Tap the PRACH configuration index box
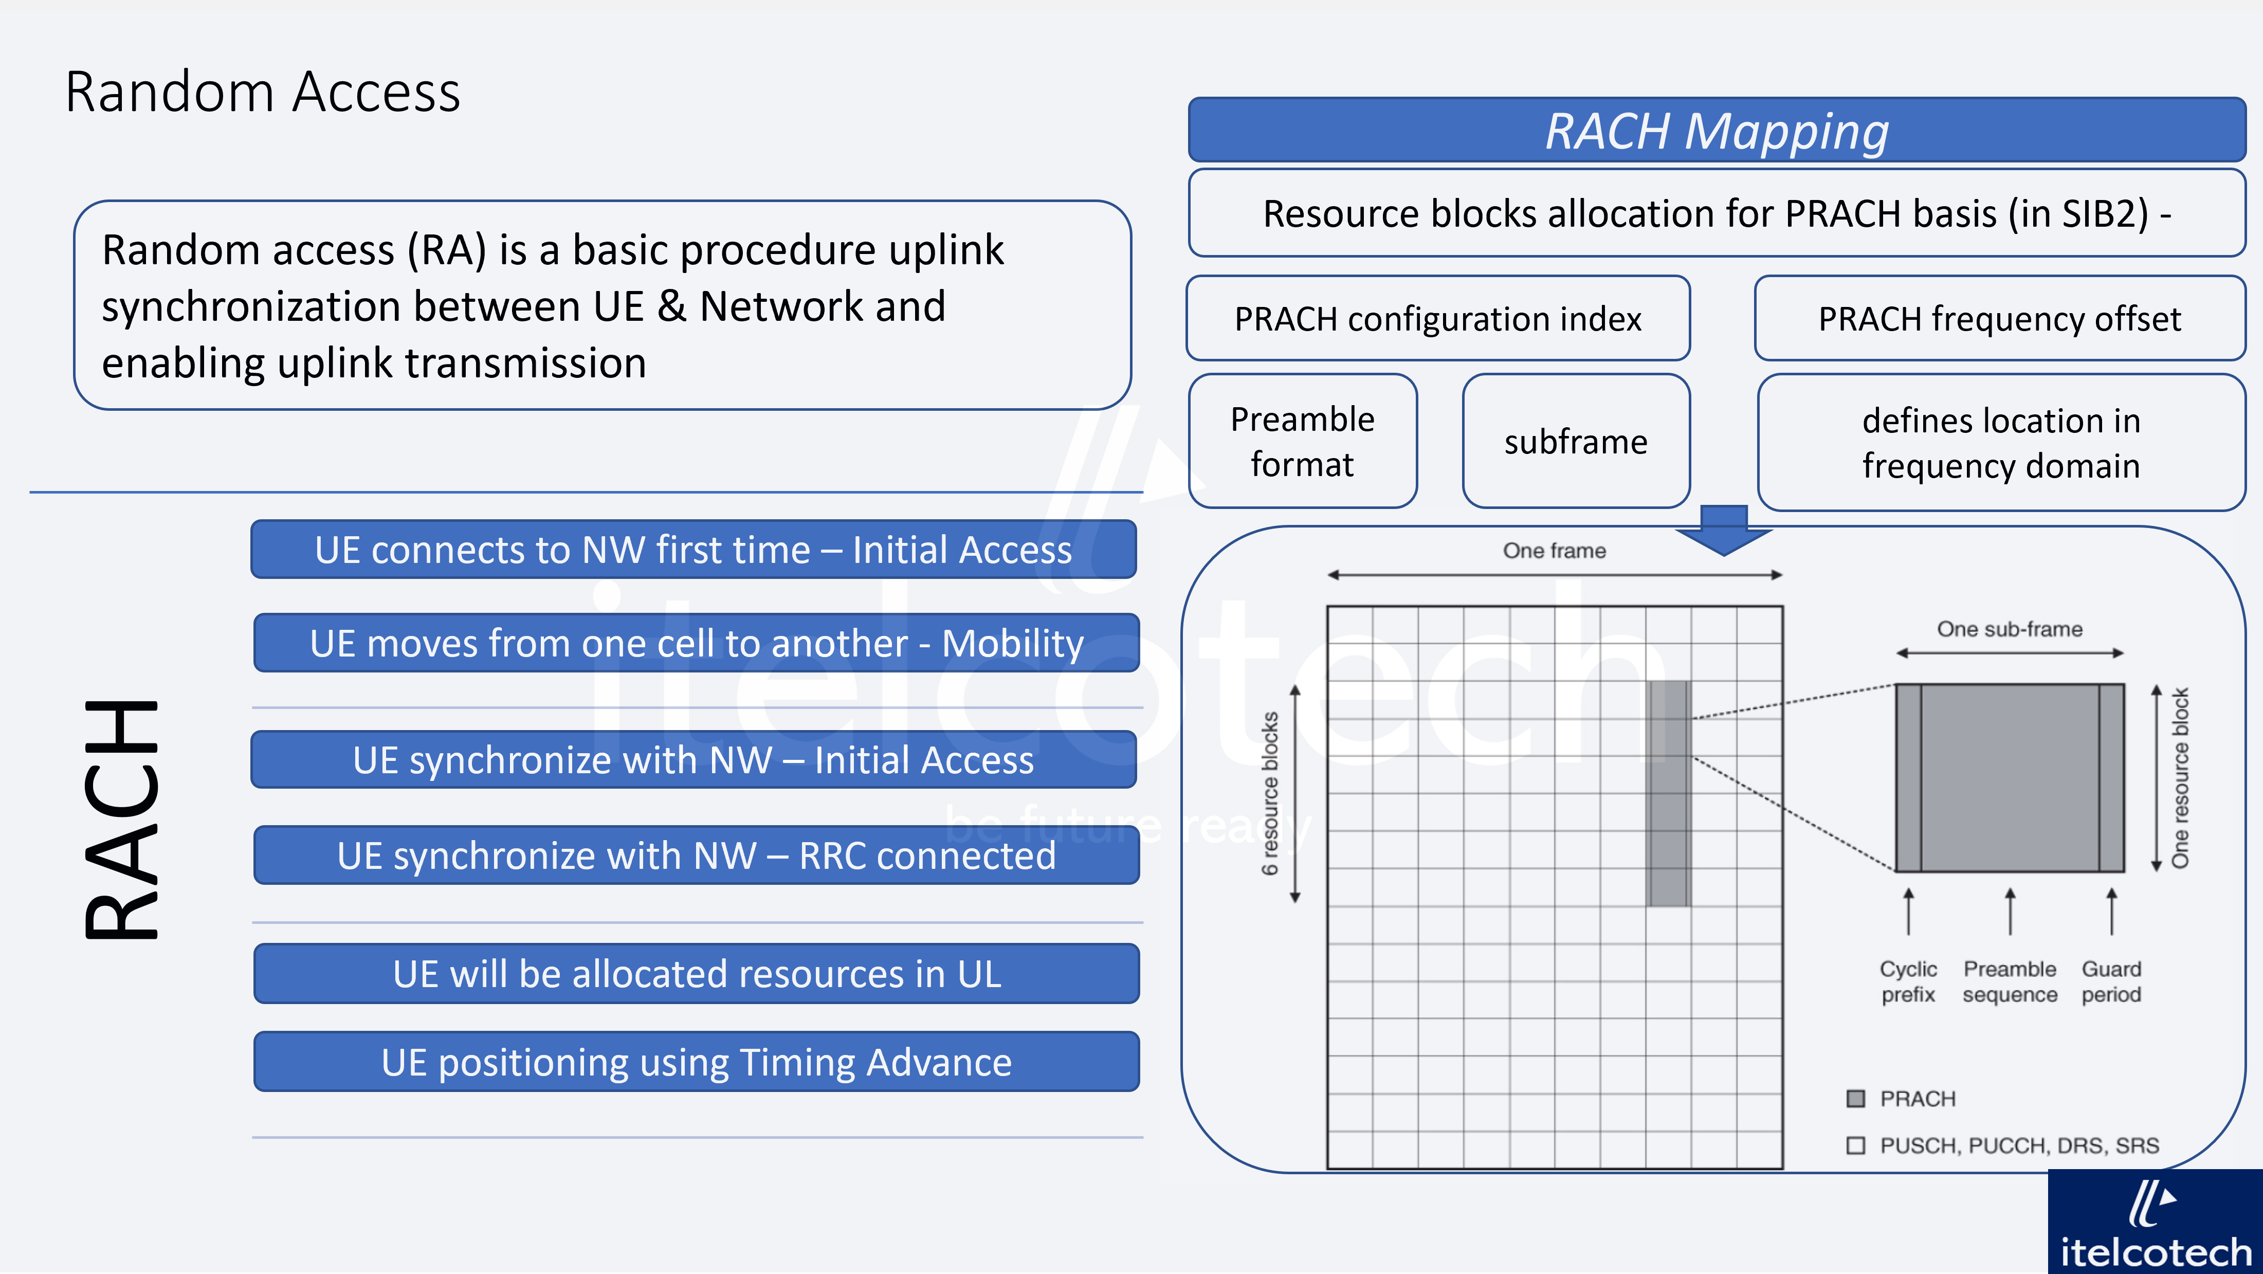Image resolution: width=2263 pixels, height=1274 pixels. pyautogui.click(x=1437, y=318)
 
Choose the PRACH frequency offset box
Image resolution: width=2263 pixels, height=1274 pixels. pyautogui.click(x=1999, y=318)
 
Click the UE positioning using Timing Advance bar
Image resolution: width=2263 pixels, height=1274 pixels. pyautogui.click(x=696, y=1062)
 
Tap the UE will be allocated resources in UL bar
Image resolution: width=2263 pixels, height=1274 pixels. pyautogui.click(x=696, y=974)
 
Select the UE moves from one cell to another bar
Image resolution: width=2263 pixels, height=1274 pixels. pyautogui.click(x=696, y=643)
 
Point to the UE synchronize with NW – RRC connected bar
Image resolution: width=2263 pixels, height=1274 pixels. pyautogui.click(x=696, y=855)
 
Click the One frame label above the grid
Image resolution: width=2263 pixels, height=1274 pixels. pyautogui.click(x=1554, y=551)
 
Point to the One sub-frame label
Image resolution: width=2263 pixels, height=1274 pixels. pyautogui.click(x=2009, y=629)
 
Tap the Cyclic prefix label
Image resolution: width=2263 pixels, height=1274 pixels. pyautogui.click(x=1908, y=981)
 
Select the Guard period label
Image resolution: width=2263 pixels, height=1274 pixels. pyautogui.click(x=2111, y=981)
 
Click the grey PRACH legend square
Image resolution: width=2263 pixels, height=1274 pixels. pyautogui.click(x=1855, y=1098)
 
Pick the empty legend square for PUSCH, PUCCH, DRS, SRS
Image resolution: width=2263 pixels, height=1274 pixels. pyautogui.click(x=1855, y=1145)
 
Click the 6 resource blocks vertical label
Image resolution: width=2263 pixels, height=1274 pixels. pyautogui.click(x=1269, y=793)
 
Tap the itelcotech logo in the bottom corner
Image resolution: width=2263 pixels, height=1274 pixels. pyautogui.click(x=2155, y=1226)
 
